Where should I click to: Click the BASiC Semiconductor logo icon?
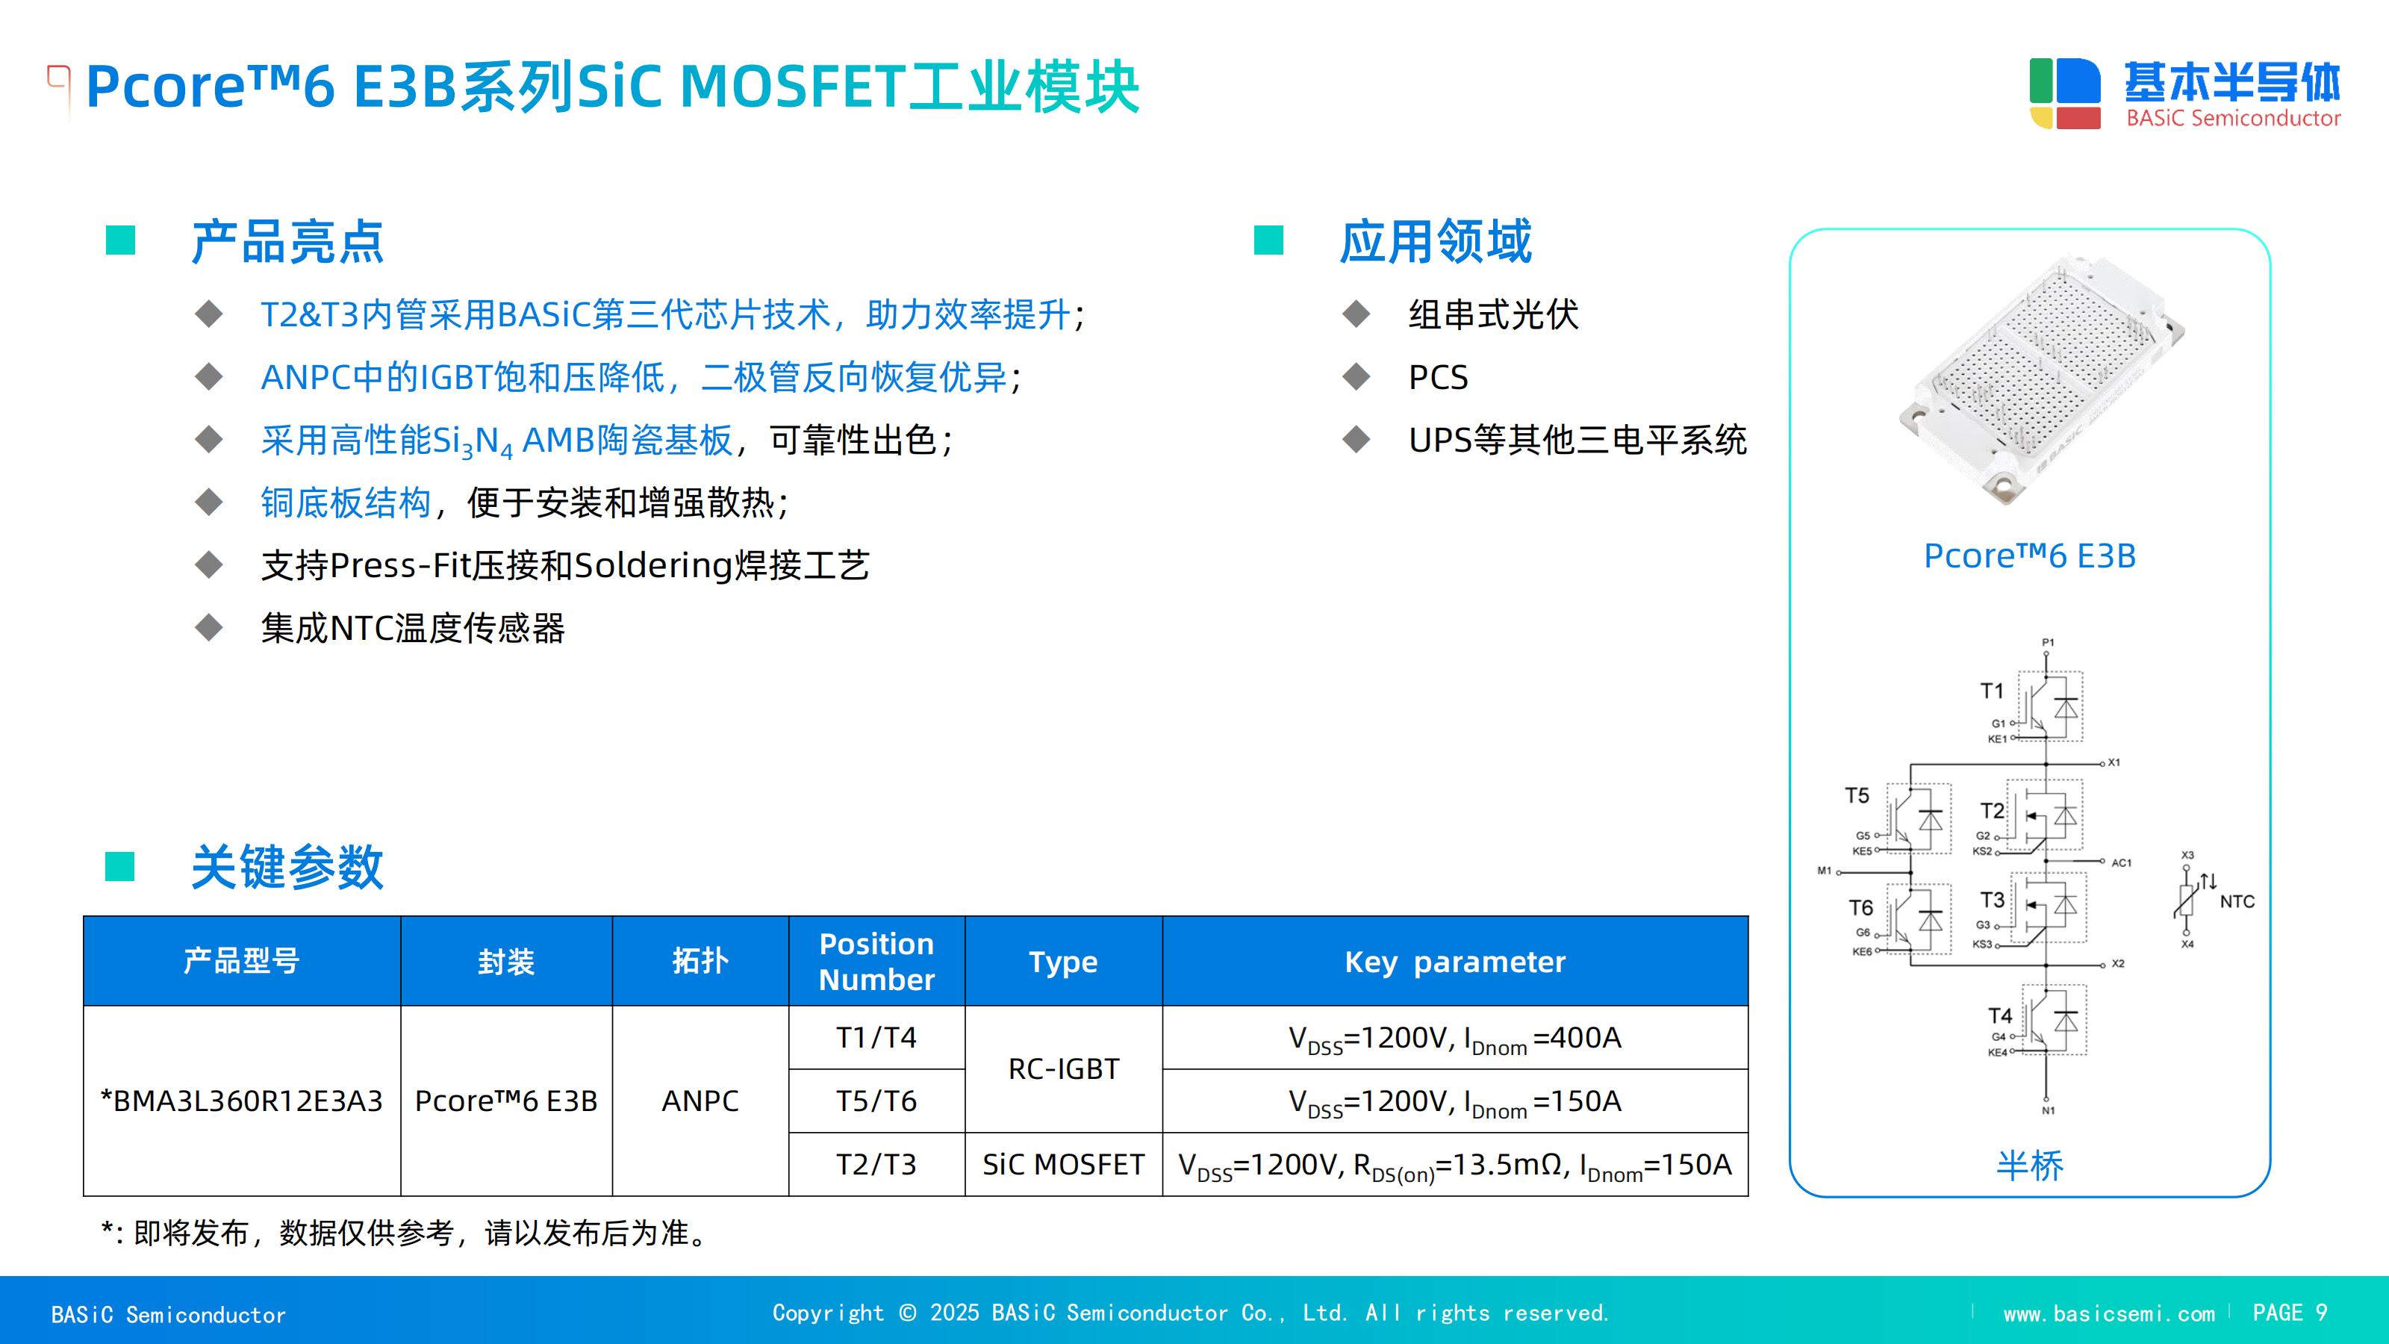click(x=2064, y=93)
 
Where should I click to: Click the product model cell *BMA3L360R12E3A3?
click(x=241, y=1101)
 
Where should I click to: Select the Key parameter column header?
click(x=1455, y=962)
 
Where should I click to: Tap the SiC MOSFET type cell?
click(x=1063, y=1164)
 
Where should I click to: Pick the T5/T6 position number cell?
click(x=876, y=1101)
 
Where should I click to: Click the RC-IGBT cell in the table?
click(x=1064, y=1068)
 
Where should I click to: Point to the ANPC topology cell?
click(x=700, y=1101)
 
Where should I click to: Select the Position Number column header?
click(x=876, y=962)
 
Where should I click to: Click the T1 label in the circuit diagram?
click(x=1992, y=691)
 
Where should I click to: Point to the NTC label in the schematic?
click(x=2237, y=901)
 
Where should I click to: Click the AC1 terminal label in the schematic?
click(x=2122, y=862)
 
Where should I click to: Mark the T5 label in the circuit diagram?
click(x=1857, y=796)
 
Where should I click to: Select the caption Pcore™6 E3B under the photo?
click(x=2030, y=556)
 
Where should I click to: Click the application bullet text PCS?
click(x=1439, y=378)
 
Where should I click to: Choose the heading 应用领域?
click(x=1436, y=242)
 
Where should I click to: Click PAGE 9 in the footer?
click(x=2290, y=1313)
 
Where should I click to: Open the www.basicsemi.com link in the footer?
click(x=2109, y=1313)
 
